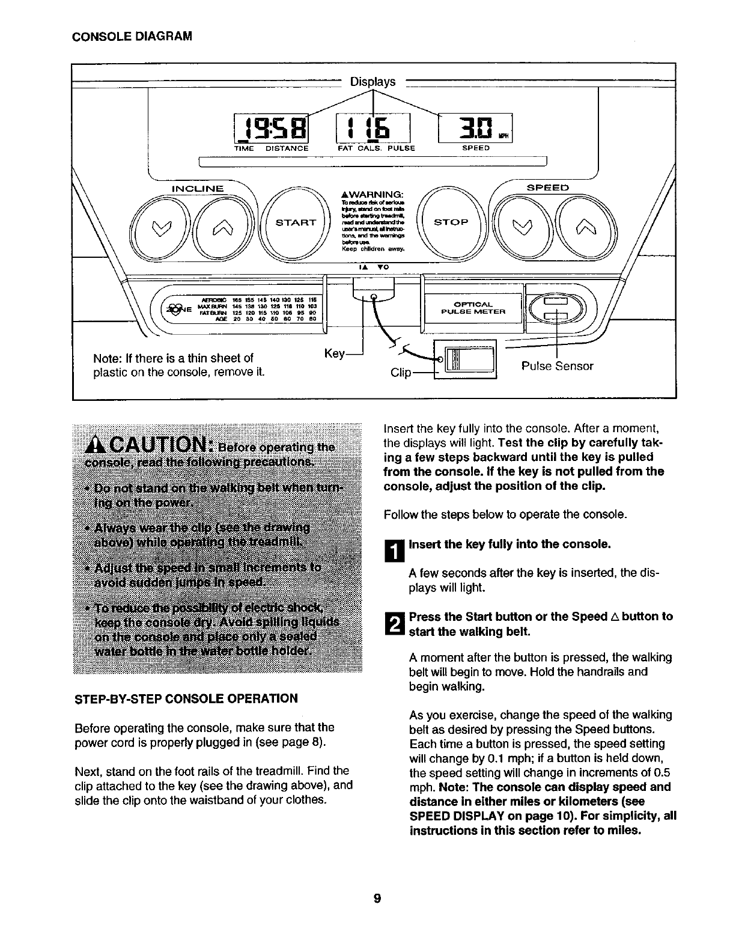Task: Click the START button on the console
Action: coord(295,222)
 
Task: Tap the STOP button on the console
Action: coord(451,222)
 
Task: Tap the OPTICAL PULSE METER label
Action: coord(473,308)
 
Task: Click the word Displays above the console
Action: coord(373,82)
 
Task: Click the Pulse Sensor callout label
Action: coord(557,366)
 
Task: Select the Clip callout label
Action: coord(401,373)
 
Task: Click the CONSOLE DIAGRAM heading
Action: coord(132,36)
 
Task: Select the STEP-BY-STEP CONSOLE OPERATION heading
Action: coord(185,698)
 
